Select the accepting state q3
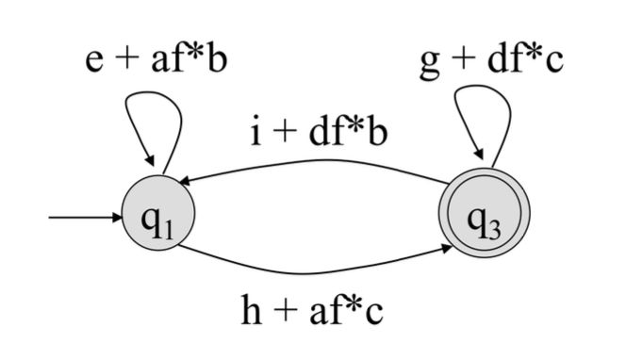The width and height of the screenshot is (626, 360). [x=485, y=213]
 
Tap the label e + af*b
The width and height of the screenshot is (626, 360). [x=156, y=60]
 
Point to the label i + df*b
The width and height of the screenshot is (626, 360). [x=319, y=131]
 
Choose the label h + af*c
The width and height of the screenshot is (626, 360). [x=312, y=310]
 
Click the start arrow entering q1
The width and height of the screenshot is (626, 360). [x=85, y=218]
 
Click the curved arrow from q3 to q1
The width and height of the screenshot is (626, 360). [x=316, y=161]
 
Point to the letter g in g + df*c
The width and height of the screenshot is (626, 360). [x=430, y=65]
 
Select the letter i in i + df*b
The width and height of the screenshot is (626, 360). [x=255, y=131]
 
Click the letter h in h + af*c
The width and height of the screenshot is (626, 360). [x=252, y=310]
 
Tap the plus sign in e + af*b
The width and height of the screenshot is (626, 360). [x=126, y=62]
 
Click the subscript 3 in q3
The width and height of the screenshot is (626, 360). [x=494, y=230]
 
